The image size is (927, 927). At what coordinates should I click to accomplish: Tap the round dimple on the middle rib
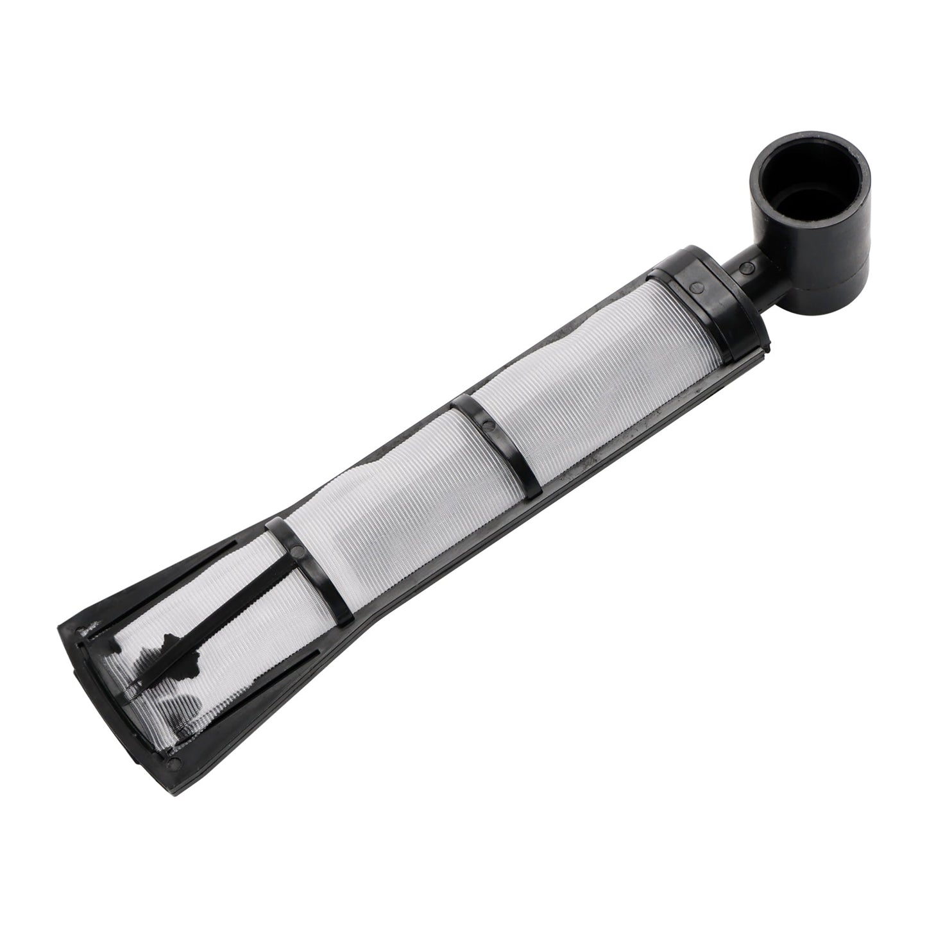[x=488, y=425]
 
